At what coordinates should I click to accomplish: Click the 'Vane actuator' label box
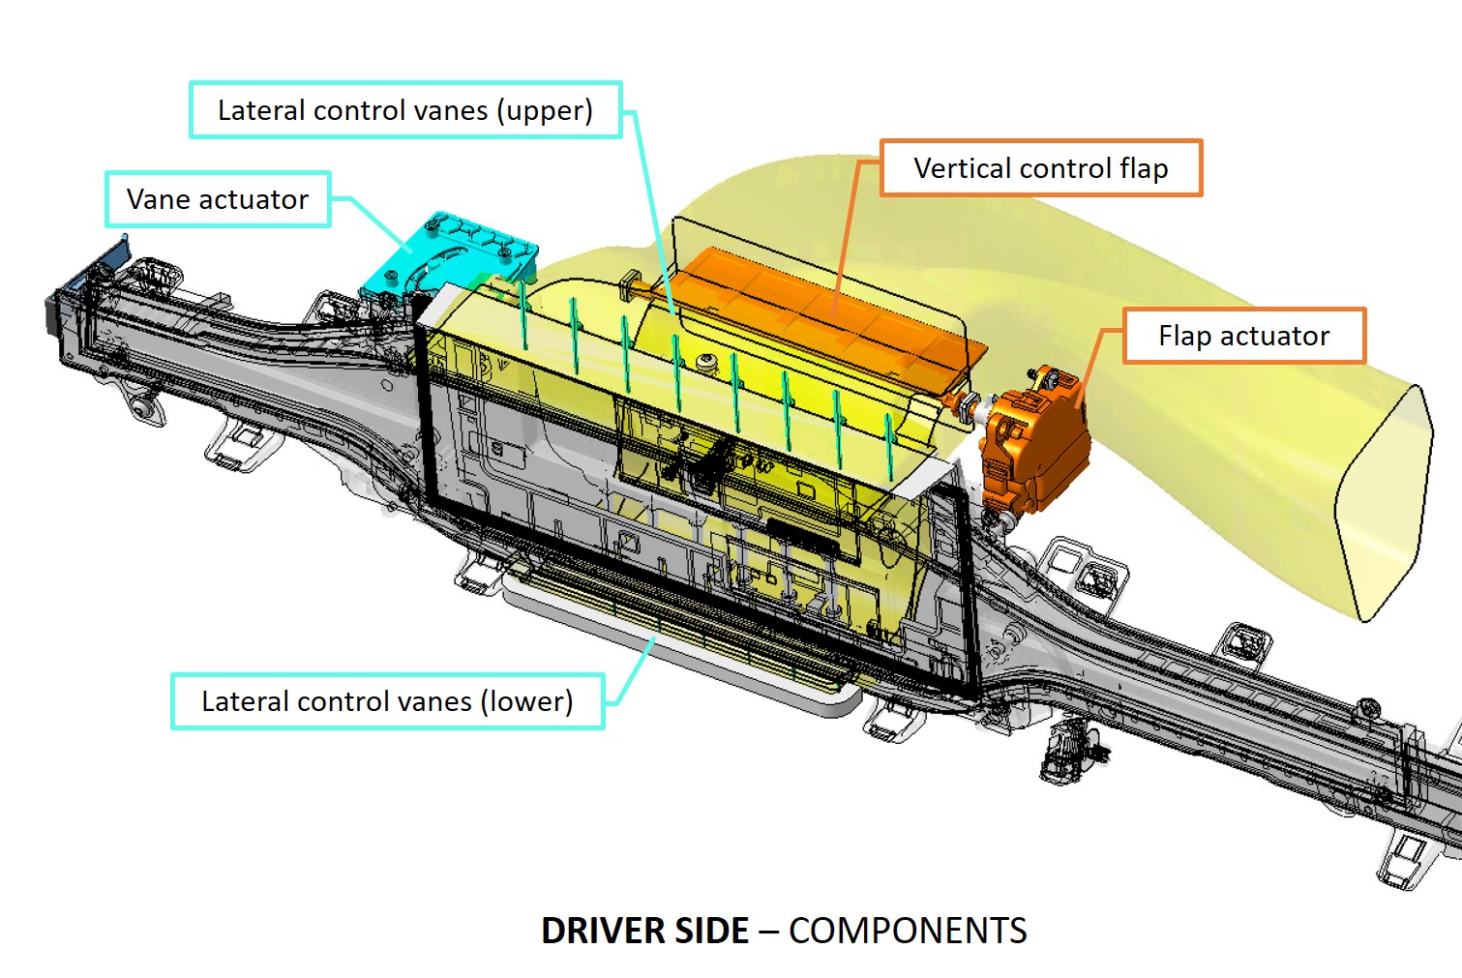[218, 199]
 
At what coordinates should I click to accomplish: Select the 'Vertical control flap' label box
[1041, 168]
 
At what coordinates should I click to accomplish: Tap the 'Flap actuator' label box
[1243, 336]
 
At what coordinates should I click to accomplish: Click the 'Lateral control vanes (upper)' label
[404, 110]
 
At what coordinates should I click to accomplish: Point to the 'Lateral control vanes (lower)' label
[387, 701]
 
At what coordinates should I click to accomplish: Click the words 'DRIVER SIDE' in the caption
[644, 931]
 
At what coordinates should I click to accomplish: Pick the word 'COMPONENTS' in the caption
[908, 931]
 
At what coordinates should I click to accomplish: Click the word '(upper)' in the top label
[545, 110]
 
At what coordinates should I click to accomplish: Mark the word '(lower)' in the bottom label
[526, 701]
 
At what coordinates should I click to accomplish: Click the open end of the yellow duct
[1384, 503]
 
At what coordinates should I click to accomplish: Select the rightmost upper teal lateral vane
[889, 445]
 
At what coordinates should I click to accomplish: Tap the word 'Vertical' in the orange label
[964, 168]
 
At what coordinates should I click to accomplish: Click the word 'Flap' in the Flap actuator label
[1185, 336]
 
